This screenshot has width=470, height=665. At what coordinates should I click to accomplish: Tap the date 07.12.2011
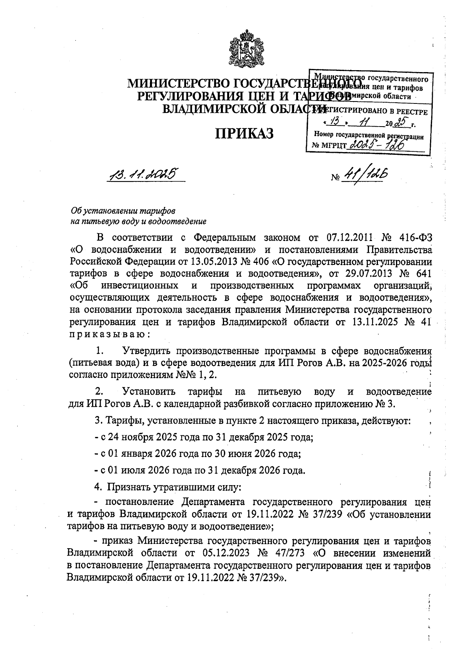353,237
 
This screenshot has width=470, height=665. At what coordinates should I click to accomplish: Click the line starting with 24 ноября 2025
204,437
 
